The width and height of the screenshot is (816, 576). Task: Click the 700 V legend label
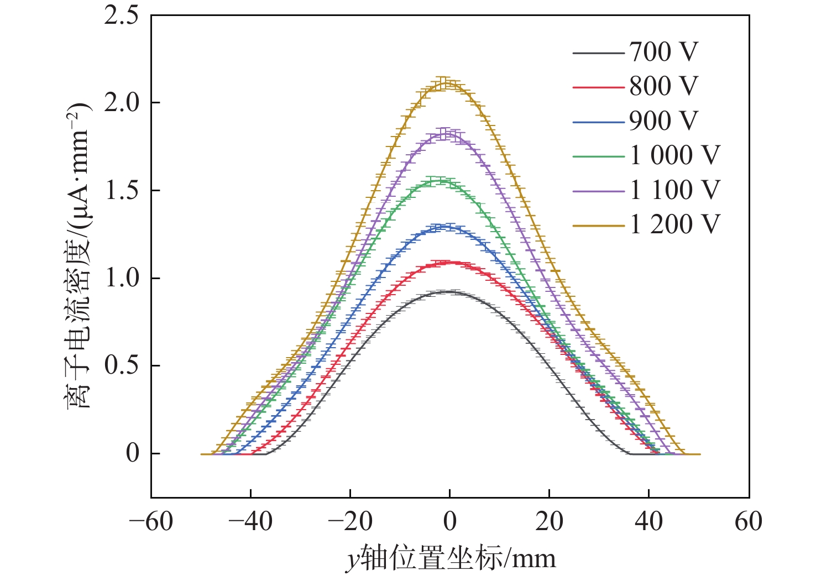(664, 53)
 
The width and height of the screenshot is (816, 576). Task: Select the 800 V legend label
(664, 87)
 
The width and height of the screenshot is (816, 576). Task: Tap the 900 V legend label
(664, 121)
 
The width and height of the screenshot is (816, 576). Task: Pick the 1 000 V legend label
(675, 156)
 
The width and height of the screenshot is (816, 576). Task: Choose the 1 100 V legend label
(675, 190)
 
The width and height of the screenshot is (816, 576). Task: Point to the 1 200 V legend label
(675, 224)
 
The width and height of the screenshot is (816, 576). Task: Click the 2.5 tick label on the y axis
(122, 15)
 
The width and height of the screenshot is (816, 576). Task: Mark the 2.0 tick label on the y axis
(122, 103)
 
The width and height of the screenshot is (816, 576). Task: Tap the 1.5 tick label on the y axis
(122, 191)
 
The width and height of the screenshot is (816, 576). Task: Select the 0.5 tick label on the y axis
(122, 366)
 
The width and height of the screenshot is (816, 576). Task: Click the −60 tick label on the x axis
(151, 522)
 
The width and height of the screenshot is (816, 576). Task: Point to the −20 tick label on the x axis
(350, 522)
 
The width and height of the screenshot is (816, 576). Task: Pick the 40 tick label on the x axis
(648, 522)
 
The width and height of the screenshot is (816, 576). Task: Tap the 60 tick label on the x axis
(748, 522)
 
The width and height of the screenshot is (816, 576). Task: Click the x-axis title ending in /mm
(451, 559)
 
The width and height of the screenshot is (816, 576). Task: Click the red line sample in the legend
(599, 87)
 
